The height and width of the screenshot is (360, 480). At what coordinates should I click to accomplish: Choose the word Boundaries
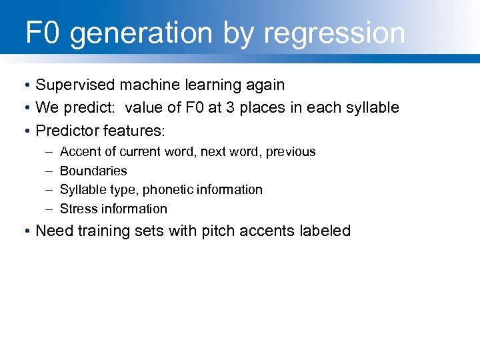click(x=93, y=171)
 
